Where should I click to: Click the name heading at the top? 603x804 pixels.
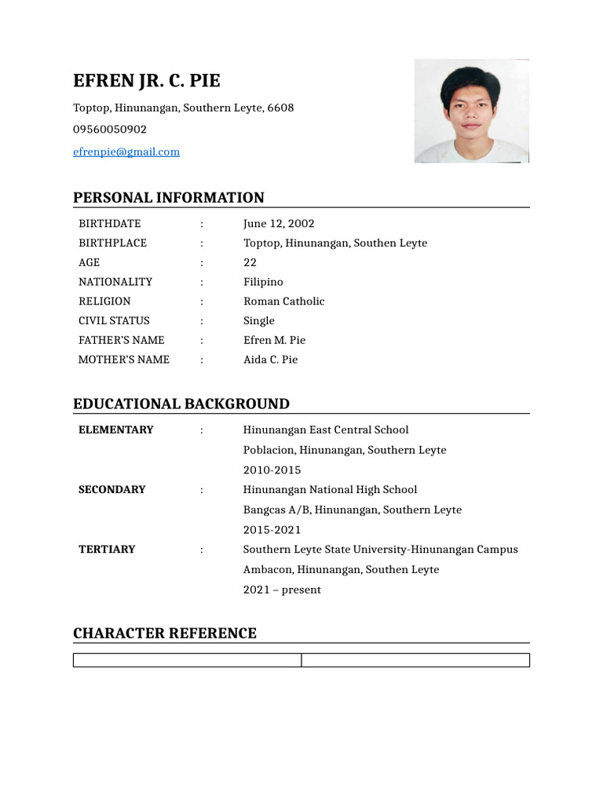pos(147,81)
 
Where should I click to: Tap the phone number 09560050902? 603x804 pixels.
pos(110,130)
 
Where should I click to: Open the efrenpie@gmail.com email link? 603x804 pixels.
pos(126,152)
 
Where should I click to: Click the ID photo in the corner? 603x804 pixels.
pos(471,111)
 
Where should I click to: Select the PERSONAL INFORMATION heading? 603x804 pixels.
pos(169,198)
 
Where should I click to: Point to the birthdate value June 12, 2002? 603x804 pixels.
pos(279,224)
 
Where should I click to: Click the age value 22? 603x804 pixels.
pos(250,262)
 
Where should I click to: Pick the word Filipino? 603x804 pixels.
pos(263,282)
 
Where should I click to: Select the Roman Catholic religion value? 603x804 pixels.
pos(283,301)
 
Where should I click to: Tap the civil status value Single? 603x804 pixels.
pos(259,320)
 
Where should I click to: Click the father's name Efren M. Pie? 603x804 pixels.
pos(274,340)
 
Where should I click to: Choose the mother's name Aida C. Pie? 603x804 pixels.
pos(270,360)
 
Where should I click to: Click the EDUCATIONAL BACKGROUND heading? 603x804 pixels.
pos(181,404)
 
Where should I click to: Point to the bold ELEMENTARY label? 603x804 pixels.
pos(116,429)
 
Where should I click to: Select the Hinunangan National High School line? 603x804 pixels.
pos(330,489)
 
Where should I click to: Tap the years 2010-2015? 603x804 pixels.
pos(272,470)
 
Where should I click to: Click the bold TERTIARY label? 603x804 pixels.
pos(107,549)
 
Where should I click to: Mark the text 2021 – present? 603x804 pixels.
pos(282,590)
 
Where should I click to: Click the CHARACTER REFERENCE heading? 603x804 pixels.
pos(165,633)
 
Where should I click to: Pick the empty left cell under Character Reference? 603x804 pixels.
pos(187,660)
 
